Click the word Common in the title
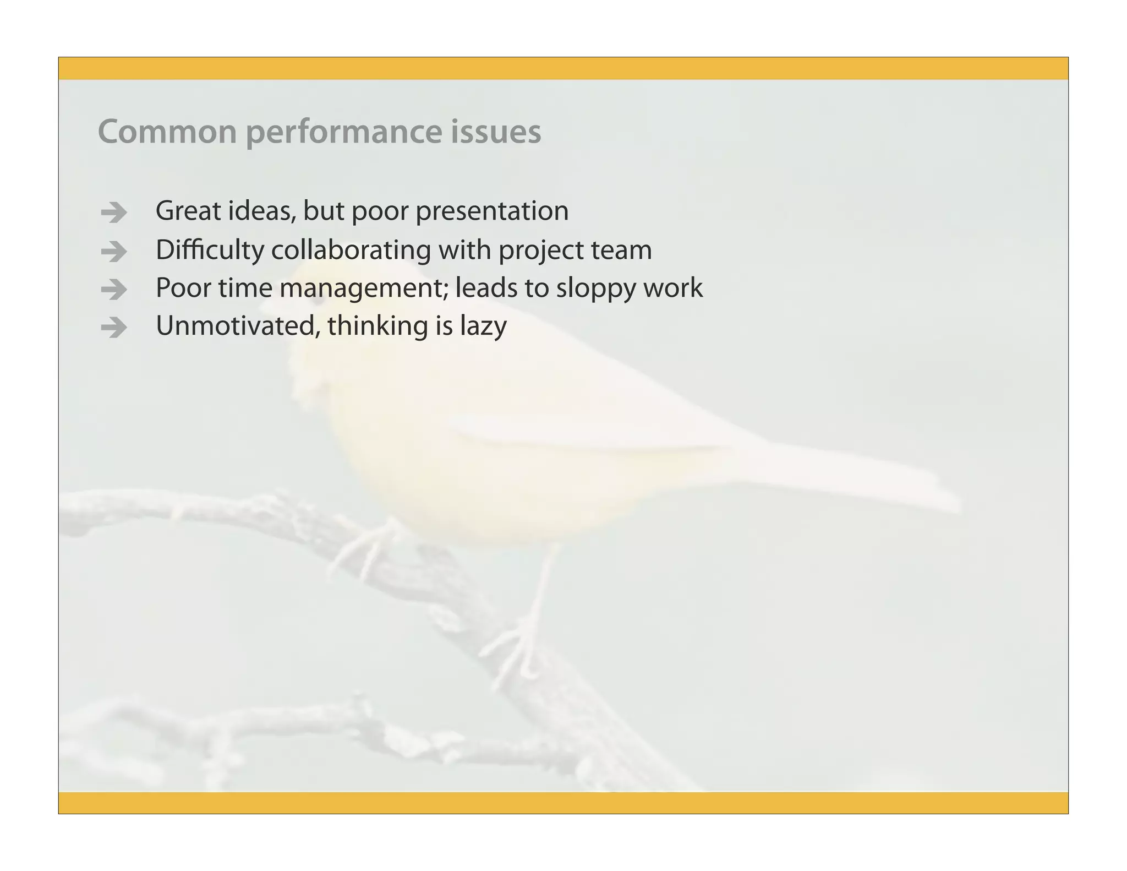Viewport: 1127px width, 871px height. (x=167, y=132)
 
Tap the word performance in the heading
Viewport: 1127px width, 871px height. (x=343, y=133)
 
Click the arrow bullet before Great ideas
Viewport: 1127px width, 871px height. (x=114, y=213)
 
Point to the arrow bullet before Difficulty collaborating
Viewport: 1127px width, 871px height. (x=114, y=252)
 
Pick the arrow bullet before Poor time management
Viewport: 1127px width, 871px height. (x=114, y=290)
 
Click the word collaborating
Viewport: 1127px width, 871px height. (x=351, y=251)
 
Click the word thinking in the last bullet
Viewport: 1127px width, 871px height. (x=378, y=326)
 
